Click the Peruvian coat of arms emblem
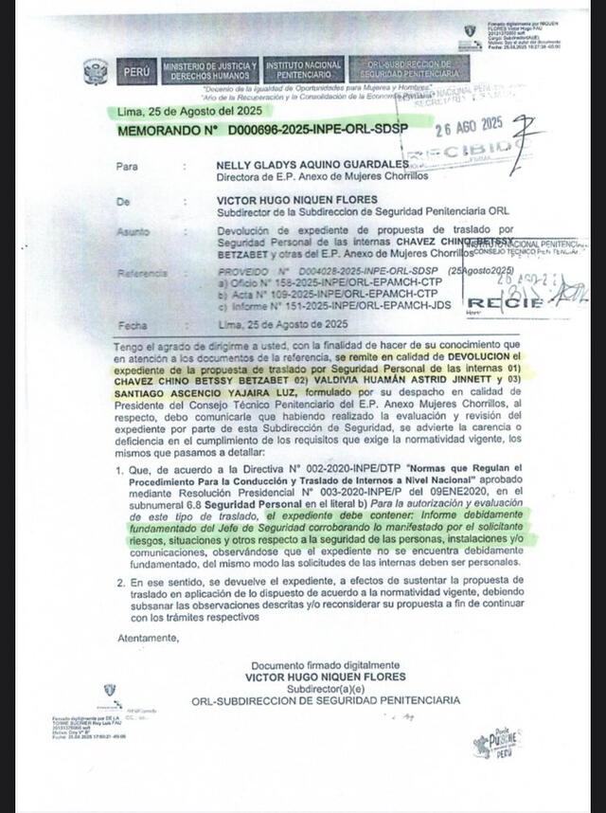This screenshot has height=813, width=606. pyautogui.click(x=96, y=71)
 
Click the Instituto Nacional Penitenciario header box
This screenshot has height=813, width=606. pyautogui.click(x=304, y=69)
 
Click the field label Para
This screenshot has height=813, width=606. pyautogui.click(x=127, y=166)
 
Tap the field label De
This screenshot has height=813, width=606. pyautogui.click(x=122, y=202)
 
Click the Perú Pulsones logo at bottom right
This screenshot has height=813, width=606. pyautogui.click(x=497, y=742)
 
